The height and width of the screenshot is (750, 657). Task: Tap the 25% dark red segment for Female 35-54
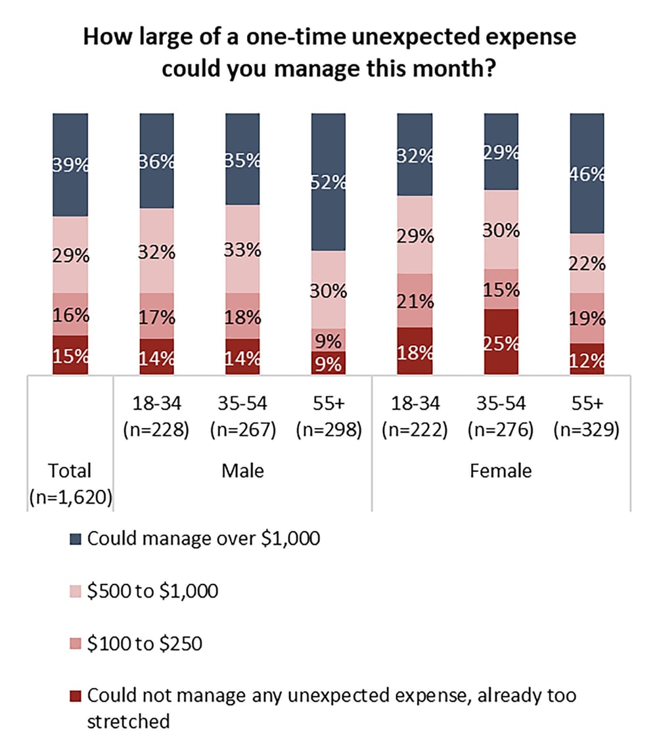(x=501, y=342)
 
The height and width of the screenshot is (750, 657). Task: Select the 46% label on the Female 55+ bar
(x=587, y=176)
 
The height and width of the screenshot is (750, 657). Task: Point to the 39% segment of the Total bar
(x=70, y=164)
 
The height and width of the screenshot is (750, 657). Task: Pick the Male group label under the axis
(x=243, y=471)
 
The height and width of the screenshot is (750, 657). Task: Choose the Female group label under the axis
(x=501, y=471)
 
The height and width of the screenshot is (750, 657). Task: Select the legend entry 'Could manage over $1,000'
(x=203, y=539)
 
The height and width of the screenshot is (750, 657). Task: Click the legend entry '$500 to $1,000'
(x=152, y=591)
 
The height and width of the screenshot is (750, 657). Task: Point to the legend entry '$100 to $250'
(x=144, y=643)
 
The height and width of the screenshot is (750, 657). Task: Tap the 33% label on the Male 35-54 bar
(x=243, y=250)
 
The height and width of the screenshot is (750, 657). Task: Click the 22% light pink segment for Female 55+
(x=587, y=263)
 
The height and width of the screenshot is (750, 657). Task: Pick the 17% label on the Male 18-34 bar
(x=156, y=317)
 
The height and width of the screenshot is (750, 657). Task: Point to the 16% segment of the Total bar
(x=70, y=314)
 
